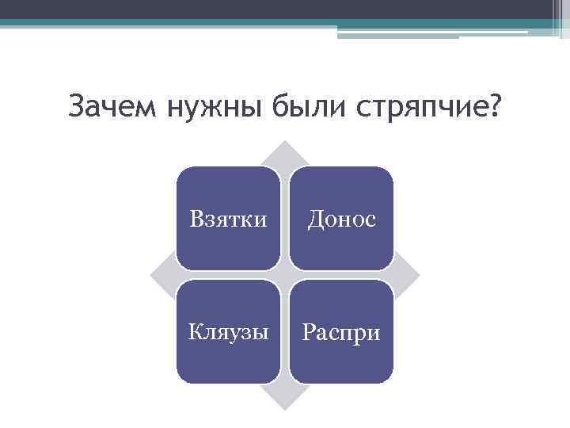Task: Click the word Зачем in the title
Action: (x=113, y=105)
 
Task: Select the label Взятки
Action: (x=228, y=219)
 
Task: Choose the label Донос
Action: (x=340, y=219)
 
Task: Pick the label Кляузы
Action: (x=228, y=332)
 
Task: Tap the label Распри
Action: (x=340, y=332)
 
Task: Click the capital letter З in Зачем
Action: (x=76, y=105)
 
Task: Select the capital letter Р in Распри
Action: (x=307, y=332)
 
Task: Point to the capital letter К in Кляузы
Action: (x=194, y=332)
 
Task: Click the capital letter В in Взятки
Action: (x=196, y=219)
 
